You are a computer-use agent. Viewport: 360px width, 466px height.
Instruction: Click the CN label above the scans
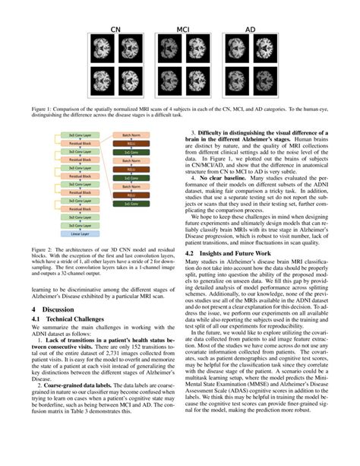(116, 30)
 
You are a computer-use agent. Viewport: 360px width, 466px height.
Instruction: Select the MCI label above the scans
(182, 30)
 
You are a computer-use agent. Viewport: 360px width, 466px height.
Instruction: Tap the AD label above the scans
(250, 30)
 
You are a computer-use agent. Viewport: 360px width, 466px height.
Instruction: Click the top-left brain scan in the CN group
(101, 52)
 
